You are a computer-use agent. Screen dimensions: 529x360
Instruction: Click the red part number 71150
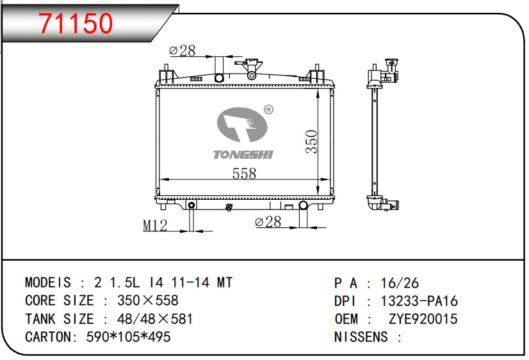point(76,23)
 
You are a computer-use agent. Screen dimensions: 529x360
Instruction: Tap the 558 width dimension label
point(244,174)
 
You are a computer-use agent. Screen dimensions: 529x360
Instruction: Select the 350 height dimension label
point(312,142)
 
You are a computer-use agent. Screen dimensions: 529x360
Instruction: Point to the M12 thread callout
point(155,225)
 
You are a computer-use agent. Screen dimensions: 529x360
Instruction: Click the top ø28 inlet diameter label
point(182,51)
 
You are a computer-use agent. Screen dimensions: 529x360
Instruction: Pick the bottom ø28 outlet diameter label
point(268,222)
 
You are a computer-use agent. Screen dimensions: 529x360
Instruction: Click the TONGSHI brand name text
point(243,154)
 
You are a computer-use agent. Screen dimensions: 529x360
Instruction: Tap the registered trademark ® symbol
point(268,110)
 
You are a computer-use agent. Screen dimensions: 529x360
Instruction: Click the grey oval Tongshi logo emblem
point(242,124)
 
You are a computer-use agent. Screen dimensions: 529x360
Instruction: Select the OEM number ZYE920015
point(423,319)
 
